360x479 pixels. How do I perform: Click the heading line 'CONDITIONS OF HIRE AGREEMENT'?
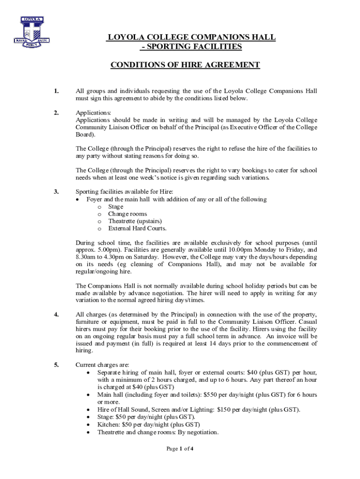pyautogui.click(x=185, y=65)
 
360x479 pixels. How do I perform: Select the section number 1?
pyautogui.click(x=56, y=91)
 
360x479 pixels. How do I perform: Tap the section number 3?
pyautogui.click(x=56, y=192)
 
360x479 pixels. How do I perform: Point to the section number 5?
pyautogui.click(x=56, y=365)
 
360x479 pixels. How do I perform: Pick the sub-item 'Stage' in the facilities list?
pyautogui.click(x=115, y=207)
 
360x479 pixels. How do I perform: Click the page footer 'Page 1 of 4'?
pyautogui.click(x=180, y=449)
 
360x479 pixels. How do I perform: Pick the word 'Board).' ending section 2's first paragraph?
pyautogui.click(x=85, y=135)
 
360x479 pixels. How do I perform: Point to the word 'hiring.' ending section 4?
pyautogui.click(x=84, y=350)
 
